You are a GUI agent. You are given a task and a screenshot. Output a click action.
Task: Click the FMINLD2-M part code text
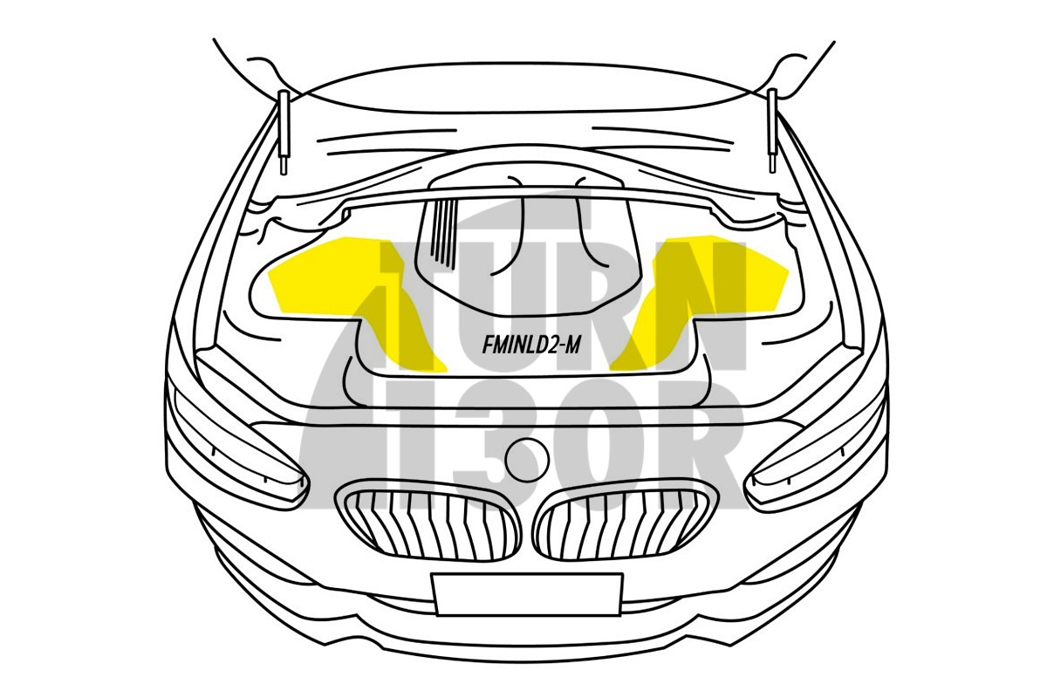coord(531,347)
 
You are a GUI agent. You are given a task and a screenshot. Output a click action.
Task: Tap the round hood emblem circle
coord(527,459)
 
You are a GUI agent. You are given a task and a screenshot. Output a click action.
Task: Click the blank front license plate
coord(527,595)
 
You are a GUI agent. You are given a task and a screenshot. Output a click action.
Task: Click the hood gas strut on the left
coord(284,133)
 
